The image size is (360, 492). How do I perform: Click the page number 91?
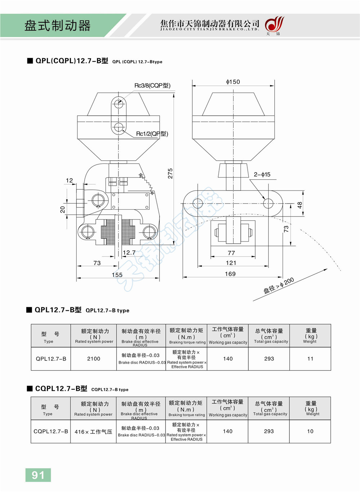point(38,475)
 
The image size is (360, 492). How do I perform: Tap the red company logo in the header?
point(274,25)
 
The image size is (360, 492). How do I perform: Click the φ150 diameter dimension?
point(233,82)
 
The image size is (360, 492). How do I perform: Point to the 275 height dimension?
point(170,173)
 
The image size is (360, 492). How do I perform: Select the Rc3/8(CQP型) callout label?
point(152,86)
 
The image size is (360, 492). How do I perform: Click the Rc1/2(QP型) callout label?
point(152,134)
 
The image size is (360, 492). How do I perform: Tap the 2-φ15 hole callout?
point(262,175)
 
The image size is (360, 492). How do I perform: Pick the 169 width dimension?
point(230,274)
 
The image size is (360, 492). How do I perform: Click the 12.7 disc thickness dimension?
point(129,253)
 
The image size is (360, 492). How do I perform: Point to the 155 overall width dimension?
point(117,275)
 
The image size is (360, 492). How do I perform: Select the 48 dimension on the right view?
point(300,205)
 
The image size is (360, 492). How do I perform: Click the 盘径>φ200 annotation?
point(279,286)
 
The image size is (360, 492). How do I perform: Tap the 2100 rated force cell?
point(94,359)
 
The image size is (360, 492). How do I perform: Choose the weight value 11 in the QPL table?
point(310,359)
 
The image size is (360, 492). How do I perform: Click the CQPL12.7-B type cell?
point(51,431)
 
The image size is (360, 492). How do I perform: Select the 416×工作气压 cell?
point(94,432)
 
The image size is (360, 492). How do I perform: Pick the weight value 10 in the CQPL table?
point(310,431)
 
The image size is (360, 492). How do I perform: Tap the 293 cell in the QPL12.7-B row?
point(269,359)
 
